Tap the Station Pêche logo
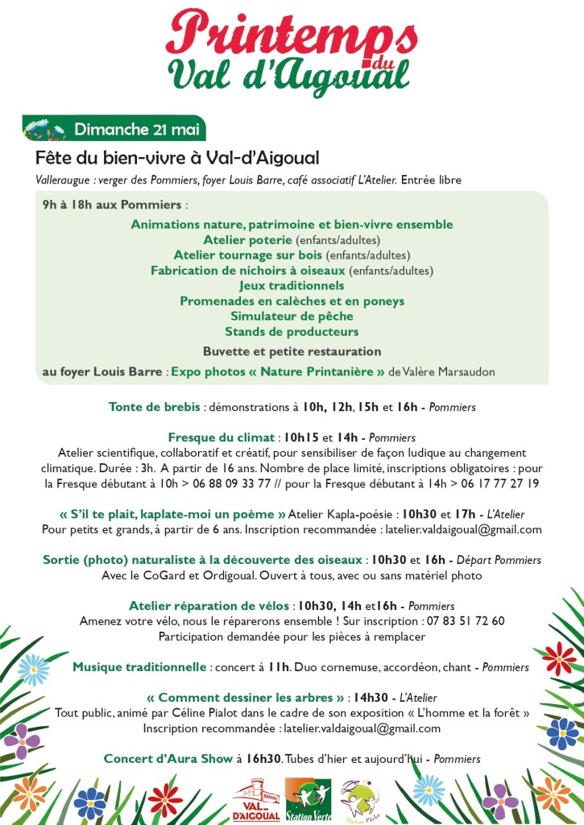point(359,799)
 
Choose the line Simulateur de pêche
point(292,316)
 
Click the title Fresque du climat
point(222,437)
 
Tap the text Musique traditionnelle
point(139,667)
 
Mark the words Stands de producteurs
point(292,331)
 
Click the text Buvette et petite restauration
point(292,351)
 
